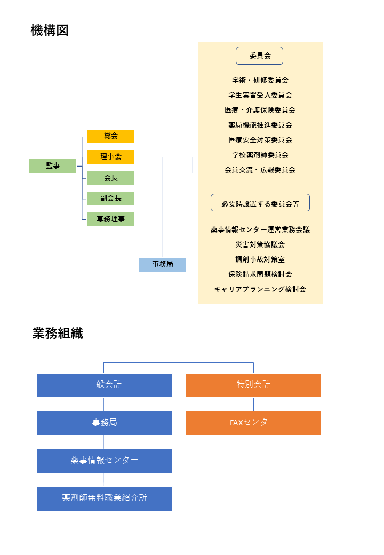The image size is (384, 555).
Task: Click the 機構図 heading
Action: (50, 30)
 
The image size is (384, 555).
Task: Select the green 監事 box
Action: (53, 166)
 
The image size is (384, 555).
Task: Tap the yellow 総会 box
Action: (111, 136)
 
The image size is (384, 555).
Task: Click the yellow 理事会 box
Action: (111, 157)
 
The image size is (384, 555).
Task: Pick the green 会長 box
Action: (111, 178)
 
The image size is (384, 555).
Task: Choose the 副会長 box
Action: (111, 199)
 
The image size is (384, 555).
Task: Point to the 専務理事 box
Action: (111, 219)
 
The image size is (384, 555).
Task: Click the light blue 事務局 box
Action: (163, 265)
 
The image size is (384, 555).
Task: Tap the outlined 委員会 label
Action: (260, 55)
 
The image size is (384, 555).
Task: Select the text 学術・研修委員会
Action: (260, 80)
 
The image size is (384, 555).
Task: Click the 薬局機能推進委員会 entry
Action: (260, 125)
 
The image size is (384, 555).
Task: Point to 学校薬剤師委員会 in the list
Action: (260, 155)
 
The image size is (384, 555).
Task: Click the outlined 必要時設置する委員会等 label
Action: (260, 203)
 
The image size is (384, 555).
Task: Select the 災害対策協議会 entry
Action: (260, 244)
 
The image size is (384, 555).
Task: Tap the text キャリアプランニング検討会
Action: (260, 289)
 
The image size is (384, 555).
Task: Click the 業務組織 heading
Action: (58, 334)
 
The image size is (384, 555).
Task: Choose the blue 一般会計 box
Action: (105, 385)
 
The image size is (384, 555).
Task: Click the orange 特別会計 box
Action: (253, 385)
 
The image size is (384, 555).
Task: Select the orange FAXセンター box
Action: (253, 423)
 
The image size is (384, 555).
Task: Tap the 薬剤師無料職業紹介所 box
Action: (105, 498)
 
